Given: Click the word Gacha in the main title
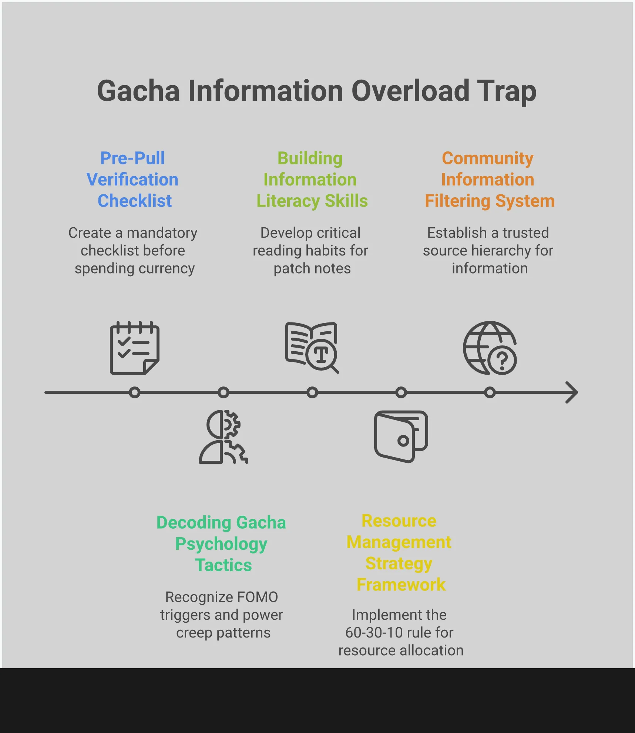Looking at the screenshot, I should (x=138, y=91).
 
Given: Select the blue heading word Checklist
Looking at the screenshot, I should (x=135, y=201).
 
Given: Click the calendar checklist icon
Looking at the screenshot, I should (x=135, y=348).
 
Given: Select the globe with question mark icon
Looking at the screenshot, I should (x=490, y=348).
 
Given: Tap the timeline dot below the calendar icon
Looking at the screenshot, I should (x=135, y=392).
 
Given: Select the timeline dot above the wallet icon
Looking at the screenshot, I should (x=401, y=392).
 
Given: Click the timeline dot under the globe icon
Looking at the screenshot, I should (x=490, y=392).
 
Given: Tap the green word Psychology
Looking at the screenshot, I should (x=221, y=544).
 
